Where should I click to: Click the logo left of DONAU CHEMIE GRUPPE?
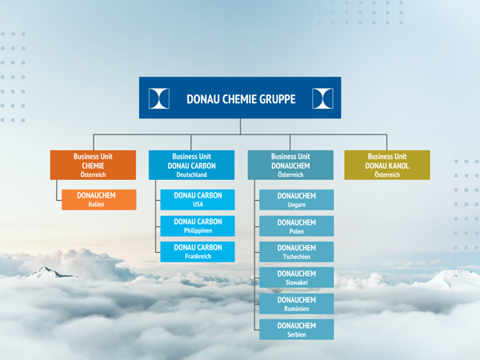coord(159,98)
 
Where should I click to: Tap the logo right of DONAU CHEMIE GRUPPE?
coord(322,98)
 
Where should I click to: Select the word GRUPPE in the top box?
coord(278,99)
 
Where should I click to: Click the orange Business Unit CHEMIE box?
coord(93,165)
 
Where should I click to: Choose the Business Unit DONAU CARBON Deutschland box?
coord(192,165)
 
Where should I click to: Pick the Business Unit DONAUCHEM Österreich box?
coord(290,165)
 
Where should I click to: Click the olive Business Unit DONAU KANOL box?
coord(387,165)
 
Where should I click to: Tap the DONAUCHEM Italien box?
coord(99,199)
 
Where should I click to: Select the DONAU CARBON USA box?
coord(198,199)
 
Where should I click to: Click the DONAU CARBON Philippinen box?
coord(198,226)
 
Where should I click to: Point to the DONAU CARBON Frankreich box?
coord(198,252)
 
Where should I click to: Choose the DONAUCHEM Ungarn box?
coord(296,199)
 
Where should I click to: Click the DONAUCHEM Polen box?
coord(296,226)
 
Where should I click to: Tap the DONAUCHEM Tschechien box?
coord(296,252)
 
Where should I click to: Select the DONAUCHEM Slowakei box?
coord(296,278)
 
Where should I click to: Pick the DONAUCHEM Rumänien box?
coord(296,304)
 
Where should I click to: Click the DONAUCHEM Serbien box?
coord(296,330)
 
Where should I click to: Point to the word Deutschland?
coord(192,174)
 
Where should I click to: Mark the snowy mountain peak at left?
coord(46,272)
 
